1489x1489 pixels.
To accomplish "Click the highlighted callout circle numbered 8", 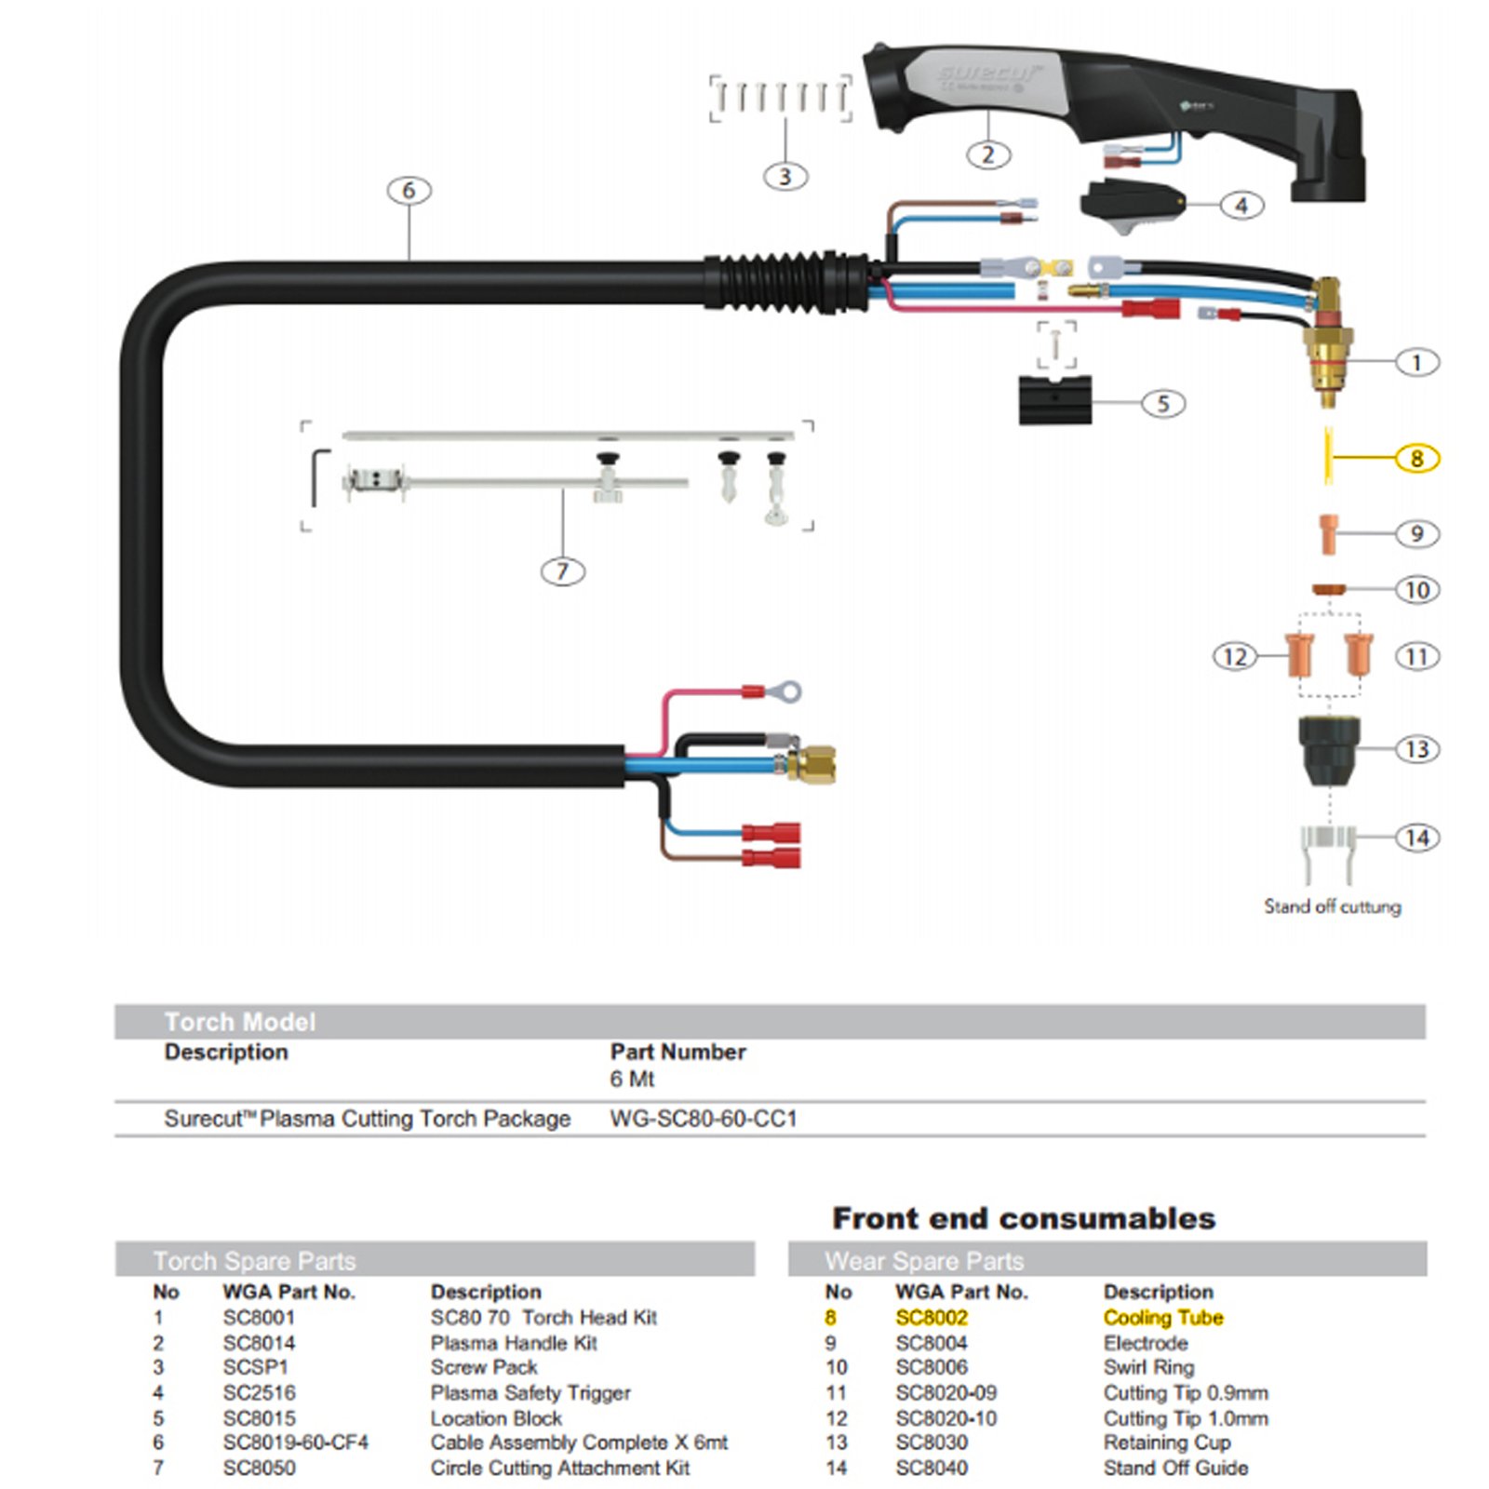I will coord(1416,458).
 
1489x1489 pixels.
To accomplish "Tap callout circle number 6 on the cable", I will coord(409,191).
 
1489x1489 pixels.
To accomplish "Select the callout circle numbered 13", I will coord(1416,749).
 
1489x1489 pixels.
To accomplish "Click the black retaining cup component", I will coord(1329,749).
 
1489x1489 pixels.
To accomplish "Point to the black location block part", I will coord(1054,400).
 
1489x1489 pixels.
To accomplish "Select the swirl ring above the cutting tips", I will coord(1329,589).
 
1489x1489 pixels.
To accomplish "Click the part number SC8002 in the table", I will coord(932,1318).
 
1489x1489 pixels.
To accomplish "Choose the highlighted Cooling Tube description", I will coord(1163,1318).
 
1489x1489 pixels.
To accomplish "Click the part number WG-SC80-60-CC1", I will coord(704,1119).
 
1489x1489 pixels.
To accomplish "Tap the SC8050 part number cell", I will coord(259,1468).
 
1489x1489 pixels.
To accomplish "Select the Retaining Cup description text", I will coord(1167,1442).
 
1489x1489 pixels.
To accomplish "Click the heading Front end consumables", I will coord(1024,1218).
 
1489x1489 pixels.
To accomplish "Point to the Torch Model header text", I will coord(240,1022).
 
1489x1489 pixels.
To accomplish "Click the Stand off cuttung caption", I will coord(1332,906).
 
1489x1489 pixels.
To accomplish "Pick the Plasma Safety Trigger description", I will coord(530,1393).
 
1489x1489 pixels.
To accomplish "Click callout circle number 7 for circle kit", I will coord(563,570).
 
